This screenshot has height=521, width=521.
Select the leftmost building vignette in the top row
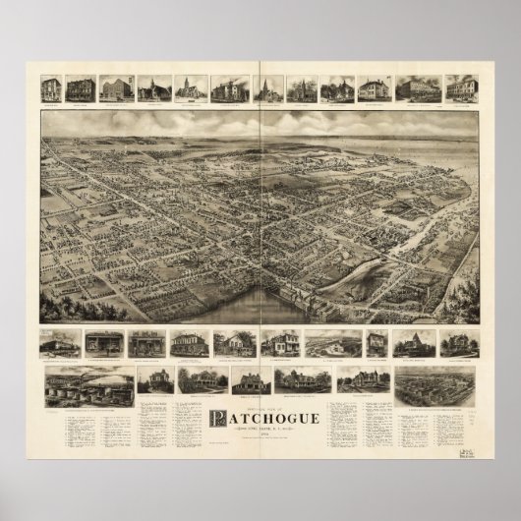point(51,88)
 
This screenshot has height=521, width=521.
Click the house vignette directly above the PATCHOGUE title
point(251,381)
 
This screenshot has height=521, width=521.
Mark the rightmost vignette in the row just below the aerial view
point(462,344)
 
